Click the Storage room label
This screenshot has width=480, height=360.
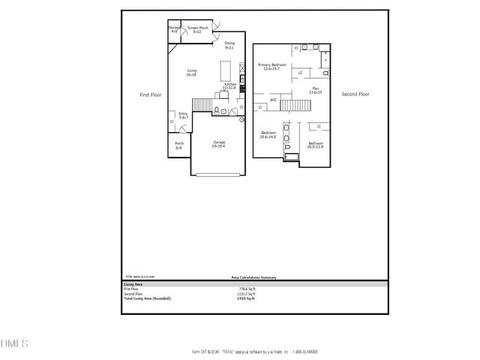[174, 30]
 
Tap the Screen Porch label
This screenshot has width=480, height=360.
[198, 30]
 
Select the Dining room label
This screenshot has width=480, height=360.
[229, 45]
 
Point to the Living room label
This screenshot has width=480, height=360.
[191, 73]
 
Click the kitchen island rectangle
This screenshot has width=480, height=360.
[225, 70]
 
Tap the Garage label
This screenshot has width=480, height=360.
[219, 143]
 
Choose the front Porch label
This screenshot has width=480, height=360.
[179, 145]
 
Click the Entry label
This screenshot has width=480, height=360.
[183, 115]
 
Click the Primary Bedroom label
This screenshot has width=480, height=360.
[274, 67]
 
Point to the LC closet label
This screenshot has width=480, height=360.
[300, 73]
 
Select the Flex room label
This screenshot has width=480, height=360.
[315, 90]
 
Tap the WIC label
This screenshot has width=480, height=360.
[274, 98]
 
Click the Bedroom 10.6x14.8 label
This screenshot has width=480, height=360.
[268, 135]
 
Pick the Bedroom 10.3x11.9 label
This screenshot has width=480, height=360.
[315, 144]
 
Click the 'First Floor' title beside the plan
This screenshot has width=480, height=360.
[151, 95]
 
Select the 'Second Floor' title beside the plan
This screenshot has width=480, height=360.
[355, 94]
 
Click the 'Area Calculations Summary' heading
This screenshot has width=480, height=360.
[253, 278]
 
